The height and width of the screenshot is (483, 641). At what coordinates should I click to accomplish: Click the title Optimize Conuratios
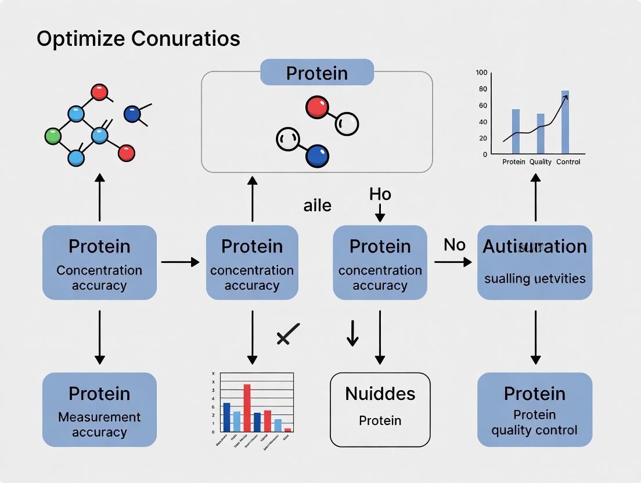tap(138, 39)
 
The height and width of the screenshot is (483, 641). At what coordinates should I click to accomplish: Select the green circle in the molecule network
tap(53, 136)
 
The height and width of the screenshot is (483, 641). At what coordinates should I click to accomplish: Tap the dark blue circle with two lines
tap(132, 113)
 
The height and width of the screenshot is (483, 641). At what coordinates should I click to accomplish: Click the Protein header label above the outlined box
tap(316, 74)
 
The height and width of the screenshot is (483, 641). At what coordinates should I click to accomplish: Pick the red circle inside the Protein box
tap(317, 108)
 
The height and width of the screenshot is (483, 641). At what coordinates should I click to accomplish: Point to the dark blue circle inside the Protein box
tap(316, 155)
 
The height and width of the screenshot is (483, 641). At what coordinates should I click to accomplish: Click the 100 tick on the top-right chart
tap(481, 73)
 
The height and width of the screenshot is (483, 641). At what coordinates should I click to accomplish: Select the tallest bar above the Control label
tap(565, 122)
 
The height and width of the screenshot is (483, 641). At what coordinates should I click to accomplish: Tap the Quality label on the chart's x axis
tap(540, 162)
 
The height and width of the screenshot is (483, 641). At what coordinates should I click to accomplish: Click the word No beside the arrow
tap(455, 245)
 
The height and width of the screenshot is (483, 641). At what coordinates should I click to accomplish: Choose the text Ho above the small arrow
tap(380, 194)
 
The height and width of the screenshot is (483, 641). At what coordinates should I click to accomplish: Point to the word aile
tap(317, 205)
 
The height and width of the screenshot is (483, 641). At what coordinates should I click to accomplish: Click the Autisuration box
tap(535, 262)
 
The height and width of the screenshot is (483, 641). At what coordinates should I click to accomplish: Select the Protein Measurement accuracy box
tap(99, 409)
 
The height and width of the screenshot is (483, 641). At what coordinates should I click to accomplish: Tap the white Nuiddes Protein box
tap(380, 409)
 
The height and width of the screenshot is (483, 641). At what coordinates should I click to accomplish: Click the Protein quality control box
tap(535, 409)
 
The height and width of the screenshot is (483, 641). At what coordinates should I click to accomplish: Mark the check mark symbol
tap(287, 334)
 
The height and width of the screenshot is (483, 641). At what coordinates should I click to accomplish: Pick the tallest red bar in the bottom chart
tap(247, 408)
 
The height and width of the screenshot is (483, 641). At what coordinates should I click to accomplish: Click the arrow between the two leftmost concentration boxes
tap(180, 262)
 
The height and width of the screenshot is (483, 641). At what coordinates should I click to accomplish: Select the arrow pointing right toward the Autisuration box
tap(453, 262)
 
